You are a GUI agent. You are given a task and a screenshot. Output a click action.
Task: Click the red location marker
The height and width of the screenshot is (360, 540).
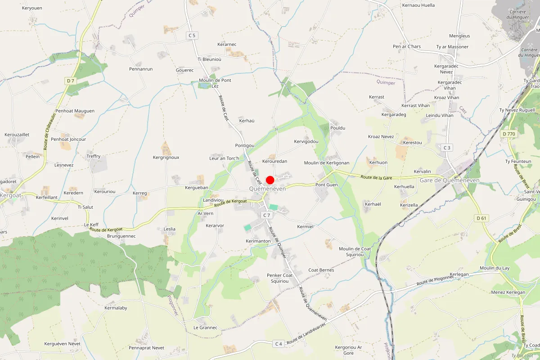click(270, 180)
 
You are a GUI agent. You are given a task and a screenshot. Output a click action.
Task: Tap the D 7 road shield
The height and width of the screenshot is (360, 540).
click(70, 81)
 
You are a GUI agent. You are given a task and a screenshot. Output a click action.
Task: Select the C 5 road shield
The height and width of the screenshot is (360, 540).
click(192, 35)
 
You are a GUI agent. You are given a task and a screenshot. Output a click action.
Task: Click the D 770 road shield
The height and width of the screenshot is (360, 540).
click(509, 134)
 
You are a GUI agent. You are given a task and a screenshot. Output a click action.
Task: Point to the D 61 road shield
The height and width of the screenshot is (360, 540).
click(481, 218)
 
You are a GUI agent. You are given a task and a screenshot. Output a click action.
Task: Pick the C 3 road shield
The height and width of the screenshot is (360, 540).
click(447, 148)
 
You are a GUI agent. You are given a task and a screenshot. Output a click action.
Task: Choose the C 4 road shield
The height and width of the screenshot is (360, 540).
click(279, 344)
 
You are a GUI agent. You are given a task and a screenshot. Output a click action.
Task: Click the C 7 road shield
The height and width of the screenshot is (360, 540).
click(267, 215)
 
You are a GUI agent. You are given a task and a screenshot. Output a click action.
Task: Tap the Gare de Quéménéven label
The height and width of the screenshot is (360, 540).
click(449, 180)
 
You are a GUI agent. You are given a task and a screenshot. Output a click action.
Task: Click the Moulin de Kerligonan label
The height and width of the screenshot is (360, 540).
click(327, 163)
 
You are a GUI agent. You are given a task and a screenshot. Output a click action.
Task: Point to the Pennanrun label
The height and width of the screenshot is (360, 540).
click(141, 69)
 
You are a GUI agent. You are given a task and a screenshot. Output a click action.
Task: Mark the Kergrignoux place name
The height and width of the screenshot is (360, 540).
click(166, 157)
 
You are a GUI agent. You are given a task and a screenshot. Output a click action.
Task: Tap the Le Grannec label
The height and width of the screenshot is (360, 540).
click(206, 328)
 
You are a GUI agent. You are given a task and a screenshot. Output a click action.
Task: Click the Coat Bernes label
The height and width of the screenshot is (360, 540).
click(321, 270)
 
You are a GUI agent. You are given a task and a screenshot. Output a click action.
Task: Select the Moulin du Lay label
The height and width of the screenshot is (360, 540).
click(495, 268)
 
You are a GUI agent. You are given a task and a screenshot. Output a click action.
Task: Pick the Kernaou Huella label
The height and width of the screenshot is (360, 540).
click(418, 5)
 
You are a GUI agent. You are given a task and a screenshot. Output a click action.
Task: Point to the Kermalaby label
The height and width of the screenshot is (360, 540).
click(116, 308)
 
